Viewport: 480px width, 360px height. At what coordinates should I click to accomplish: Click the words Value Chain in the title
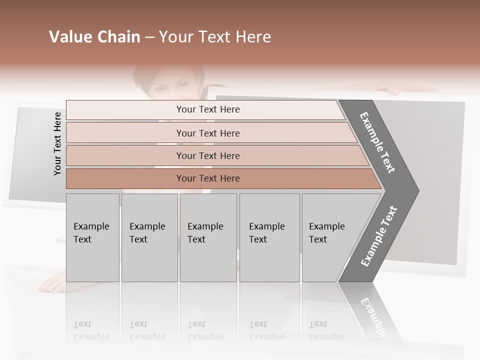click(x=94, y=37)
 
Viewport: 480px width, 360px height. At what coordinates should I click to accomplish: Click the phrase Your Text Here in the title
click(x=215, y=37)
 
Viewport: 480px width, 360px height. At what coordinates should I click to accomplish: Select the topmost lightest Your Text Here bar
click(x=207, y=109)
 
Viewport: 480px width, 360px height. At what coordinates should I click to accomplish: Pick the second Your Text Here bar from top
click(x=207, y=133)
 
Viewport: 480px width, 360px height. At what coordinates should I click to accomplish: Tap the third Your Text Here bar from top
click(x=207, y=155)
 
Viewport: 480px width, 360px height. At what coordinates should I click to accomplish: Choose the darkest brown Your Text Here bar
click(x=207, y=178)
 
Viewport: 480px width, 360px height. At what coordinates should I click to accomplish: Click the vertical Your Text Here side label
click(x=57, y=143)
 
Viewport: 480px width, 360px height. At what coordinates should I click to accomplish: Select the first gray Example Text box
click(x=92, y=237)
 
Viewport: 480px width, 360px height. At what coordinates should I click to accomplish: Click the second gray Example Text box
click(x=149, y=237)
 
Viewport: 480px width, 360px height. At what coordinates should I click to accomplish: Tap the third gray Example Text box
click(x=207, y=237)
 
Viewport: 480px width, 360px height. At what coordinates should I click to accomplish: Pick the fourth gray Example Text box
click(x=269, y=237)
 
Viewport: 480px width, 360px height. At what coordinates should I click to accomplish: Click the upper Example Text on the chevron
click(x=378, y=142)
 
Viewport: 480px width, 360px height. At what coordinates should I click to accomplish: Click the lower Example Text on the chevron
click(x=379, y=236)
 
